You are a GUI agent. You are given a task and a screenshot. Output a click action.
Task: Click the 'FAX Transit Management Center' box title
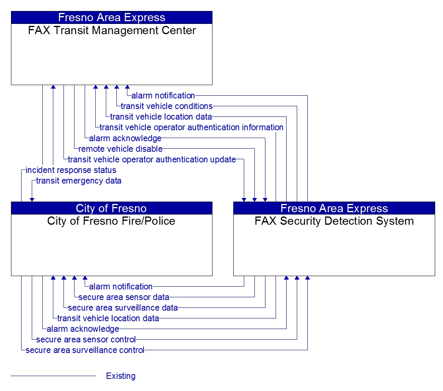click(112, 31)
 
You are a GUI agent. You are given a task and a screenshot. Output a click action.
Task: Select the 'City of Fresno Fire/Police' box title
click(111, 221)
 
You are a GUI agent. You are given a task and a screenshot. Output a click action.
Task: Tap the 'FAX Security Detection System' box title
click(334, 221)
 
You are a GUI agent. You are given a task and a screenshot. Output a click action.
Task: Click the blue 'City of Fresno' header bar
click(111, 208)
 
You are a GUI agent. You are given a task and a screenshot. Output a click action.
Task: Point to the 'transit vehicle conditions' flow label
click(167, 106)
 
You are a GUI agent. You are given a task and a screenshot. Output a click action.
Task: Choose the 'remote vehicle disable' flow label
click(120, 149)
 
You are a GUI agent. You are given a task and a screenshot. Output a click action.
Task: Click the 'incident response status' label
click(71, 170)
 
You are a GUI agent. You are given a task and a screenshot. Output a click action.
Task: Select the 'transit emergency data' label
click(79, 181)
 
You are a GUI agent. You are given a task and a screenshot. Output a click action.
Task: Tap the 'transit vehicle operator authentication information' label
click(191, 127)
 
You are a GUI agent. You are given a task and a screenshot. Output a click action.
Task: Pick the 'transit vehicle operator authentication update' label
click(152, 160)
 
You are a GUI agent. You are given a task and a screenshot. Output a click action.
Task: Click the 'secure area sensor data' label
click(124, 297)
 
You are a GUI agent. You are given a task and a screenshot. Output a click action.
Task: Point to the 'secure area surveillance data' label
click(123, 308)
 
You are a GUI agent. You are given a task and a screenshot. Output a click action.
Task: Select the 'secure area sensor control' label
click(86, 340)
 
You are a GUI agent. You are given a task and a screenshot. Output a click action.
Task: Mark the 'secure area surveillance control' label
click(85, 350)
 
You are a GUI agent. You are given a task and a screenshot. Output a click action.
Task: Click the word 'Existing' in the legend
click(121, 376)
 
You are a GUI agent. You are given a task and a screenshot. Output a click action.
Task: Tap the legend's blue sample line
click(53, 376)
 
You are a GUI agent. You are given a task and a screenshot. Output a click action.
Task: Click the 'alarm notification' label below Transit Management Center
click(163, 96)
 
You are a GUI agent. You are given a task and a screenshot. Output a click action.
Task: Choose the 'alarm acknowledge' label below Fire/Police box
click(83, 329)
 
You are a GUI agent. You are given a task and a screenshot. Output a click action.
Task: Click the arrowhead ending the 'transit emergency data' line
click(32, 200)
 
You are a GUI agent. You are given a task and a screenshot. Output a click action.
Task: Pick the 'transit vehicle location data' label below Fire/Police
click(108, 318)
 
